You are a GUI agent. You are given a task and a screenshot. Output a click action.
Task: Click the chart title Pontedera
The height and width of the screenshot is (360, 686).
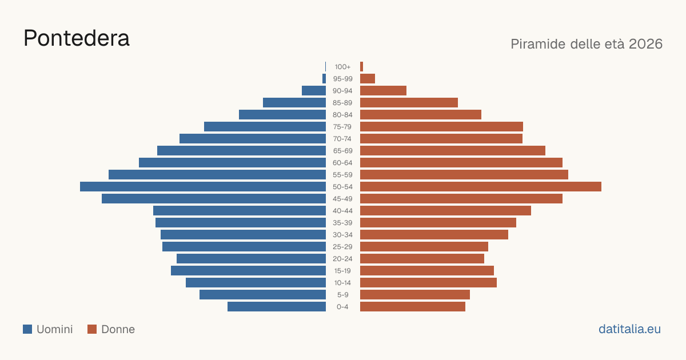pyautogui.click(x=77, y=39)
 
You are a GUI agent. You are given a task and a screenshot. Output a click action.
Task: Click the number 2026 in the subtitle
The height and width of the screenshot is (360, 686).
pyautogui.click(x=645, y=44)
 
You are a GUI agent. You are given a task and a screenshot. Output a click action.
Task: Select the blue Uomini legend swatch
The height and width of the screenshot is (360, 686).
pyautogui.click(x=27, y=329)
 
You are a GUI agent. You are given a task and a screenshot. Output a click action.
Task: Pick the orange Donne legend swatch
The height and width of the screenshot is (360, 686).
pyautogui.click(x=92, y=329)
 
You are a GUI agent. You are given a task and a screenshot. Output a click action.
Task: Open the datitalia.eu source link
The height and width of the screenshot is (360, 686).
pyautogui.click(x=629, y=329)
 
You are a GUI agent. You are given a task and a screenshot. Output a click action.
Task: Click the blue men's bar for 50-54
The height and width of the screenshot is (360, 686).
pyautogui.click(x=203, y=187)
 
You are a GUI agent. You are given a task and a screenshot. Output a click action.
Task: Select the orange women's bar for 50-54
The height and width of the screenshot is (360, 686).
pyautogui.click(x=481, y=187)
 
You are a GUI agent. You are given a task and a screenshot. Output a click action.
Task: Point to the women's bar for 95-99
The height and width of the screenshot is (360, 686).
pyautogui.click(x=368, y=79)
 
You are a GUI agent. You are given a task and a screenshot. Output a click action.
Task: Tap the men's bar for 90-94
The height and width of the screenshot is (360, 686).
pyautogui.click(x=314, y=91)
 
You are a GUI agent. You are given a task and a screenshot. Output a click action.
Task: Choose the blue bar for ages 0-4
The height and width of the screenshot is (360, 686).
pyautogui.click(x=277, y=307)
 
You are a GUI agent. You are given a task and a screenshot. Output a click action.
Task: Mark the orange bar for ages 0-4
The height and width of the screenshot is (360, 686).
pyautogui.click(x=413, y=307)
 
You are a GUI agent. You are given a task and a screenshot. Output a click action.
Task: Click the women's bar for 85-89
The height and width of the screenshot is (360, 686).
pyautogui.click(x=409, y=102)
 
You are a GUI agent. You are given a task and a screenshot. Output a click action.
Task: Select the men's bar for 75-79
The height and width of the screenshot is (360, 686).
pyautogui.click(x=265, y=127)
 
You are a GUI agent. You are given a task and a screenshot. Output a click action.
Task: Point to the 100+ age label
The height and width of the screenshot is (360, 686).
pyautogui.click(x=342, y=67)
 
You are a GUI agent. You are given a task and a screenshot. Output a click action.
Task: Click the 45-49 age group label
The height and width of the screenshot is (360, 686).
pyautogui.click(x=342, y=199)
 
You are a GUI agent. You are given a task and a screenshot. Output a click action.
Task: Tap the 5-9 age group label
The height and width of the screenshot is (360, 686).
pyautogui.click(x=342, y=295)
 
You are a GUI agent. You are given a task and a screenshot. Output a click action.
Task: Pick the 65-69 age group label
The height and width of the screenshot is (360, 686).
pyautogui.click(x=342, y=151)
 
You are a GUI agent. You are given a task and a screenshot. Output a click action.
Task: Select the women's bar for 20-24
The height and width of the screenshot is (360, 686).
pyautogui.click(x=422, y=259)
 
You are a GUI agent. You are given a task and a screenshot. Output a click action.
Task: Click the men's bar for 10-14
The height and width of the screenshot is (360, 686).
pyautogui.click(x=256, y=282)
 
